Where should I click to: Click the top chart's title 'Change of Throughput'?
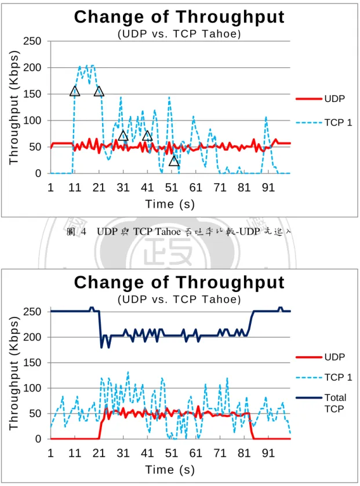click(179, 17)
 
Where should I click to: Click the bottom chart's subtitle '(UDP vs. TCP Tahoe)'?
click(179, 299)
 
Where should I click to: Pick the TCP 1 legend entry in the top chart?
click(324, 123)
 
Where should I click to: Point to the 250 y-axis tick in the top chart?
click(32, 41)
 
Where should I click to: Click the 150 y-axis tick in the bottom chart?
click(32, 363)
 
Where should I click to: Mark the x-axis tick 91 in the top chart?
click(268, 188)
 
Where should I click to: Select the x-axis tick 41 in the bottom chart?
click(147, 453)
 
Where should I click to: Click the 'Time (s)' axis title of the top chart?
click(170, 204)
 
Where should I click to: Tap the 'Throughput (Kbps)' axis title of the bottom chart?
click(14, 374)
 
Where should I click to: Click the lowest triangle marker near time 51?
click(174, 161)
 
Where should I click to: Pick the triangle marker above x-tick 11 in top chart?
click(75, 91)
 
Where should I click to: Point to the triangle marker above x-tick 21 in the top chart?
click(99, 91)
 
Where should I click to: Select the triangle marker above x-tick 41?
click(147, 136)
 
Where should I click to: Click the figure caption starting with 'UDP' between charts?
click(194, 232)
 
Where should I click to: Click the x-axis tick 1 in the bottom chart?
click(50, 453)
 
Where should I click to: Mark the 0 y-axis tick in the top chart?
click(38, 173)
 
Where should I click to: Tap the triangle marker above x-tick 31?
click(123, 136)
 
